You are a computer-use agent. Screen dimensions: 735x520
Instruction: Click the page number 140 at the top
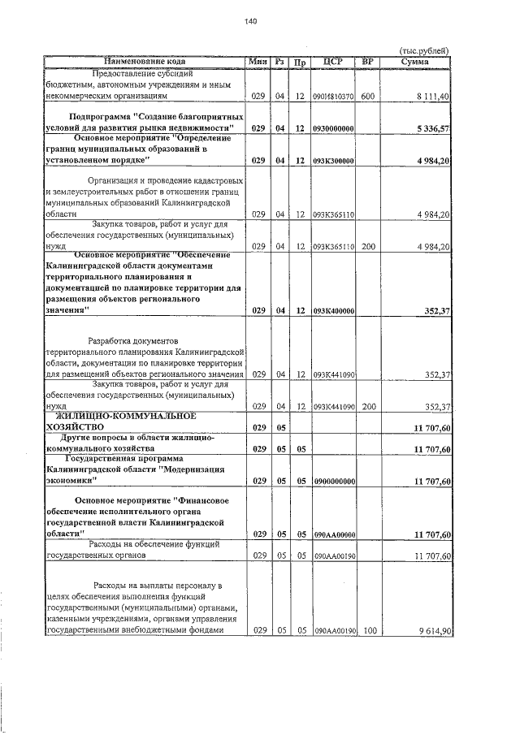tap(250, 21)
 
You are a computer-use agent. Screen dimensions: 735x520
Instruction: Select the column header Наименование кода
tap(145, 61)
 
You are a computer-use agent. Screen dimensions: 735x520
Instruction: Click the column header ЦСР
tap(333, 61)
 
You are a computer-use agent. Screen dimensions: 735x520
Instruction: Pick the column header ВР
tap(368, 61)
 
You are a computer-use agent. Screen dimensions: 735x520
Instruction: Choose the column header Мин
tap(258, 61)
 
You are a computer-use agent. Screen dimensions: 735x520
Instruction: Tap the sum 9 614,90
tap(433, 629)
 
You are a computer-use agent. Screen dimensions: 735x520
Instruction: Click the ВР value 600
tap(367, 96)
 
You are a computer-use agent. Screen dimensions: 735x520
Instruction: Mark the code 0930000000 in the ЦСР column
tap(333, 128)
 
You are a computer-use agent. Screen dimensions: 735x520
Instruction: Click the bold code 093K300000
tap(333, 161)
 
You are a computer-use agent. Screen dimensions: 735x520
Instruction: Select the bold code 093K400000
tap(333, 310)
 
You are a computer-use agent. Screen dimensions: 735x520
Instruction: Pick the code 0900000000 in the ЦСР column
tap(333, 481)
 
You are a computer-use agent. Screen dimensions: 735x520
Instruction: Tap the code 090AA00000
tap(333, 534)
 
